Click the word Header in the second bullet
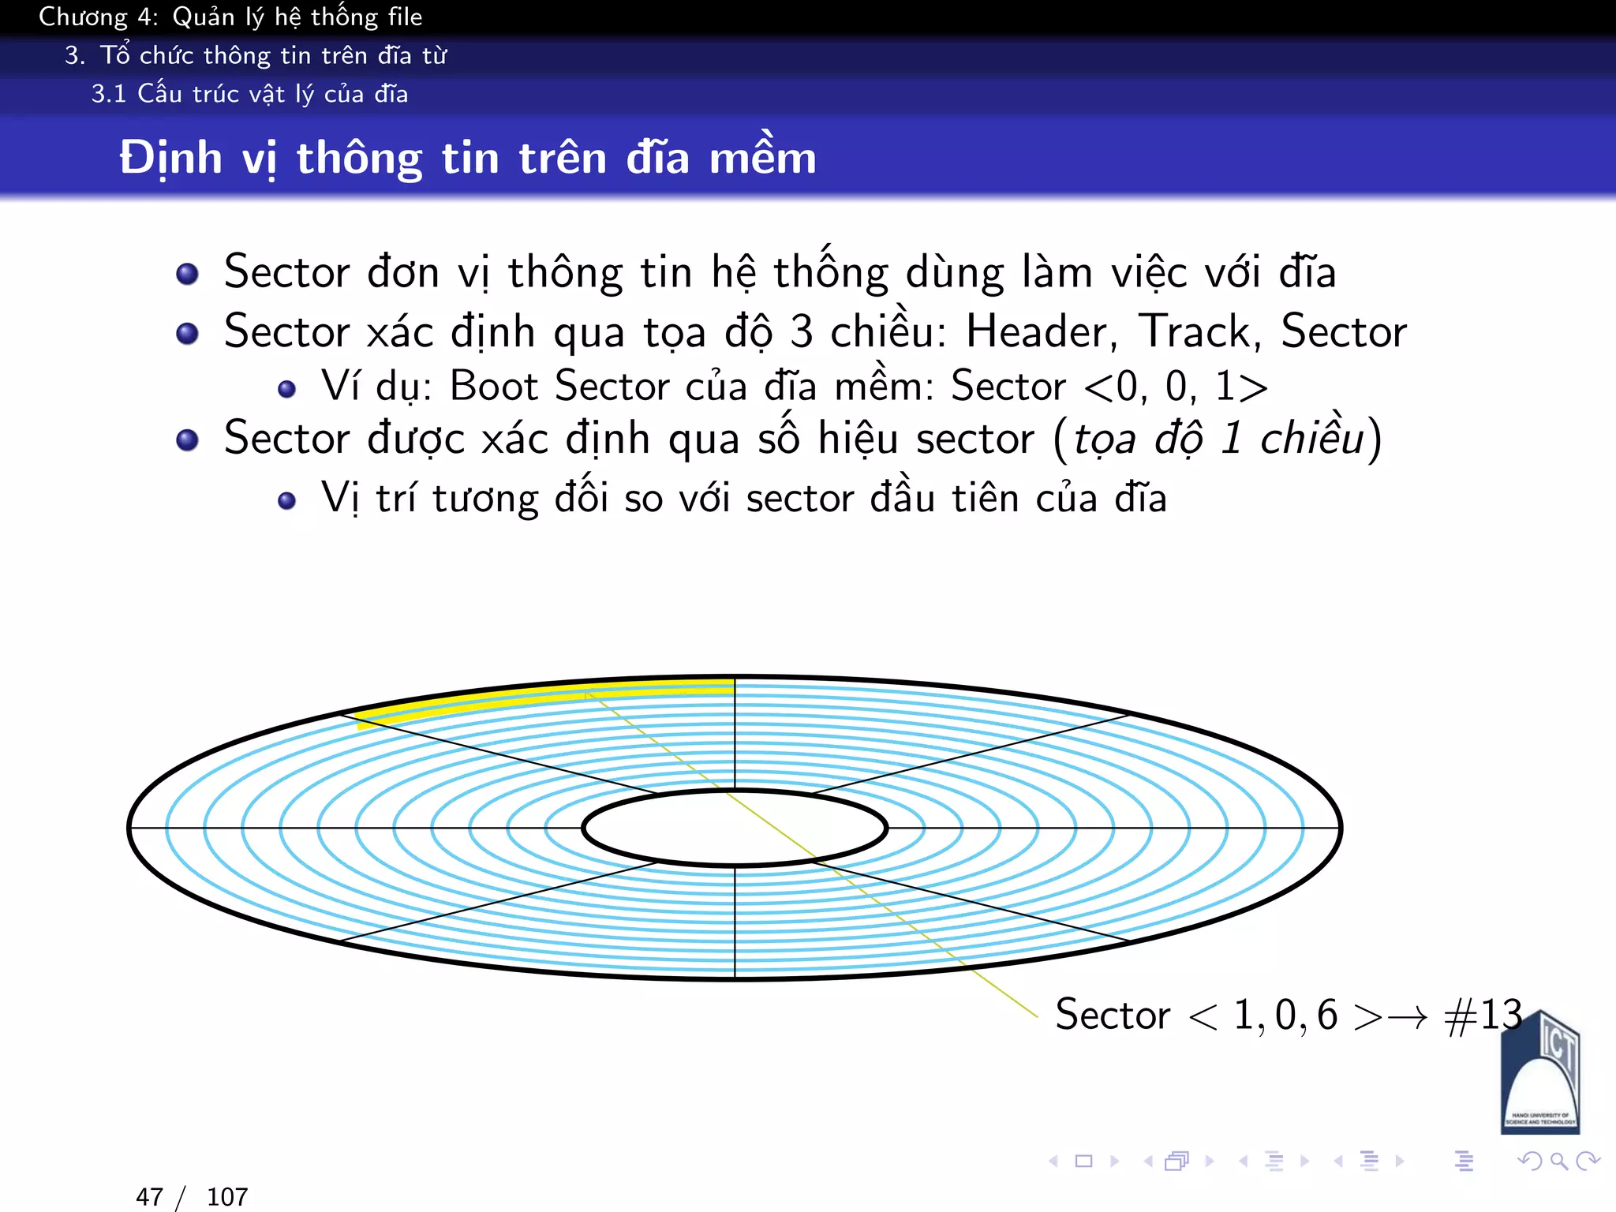(1040, 331)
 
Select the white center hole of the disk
(735, 828)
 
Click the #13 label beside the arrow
(1483, 1015)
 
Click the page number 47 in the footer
(149, 1197)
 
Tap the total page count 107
(227, 1197)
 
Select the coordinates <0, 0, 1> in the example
(1176, 387)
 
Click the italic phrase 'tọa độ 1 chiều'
(1218, 439)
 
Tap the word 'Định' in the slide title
(170, 158)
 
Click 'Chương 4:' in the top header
(99, 17)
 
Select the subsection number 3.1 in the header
(108, 94)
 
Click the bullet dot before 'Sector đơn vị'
(187, 274)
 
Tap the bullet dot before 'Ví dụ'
(287, 389)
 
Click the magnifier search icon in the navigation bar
(1558, 1161)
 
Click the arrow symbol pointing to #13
(1408, 1017)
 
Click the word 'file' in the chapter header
(405, 17)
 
